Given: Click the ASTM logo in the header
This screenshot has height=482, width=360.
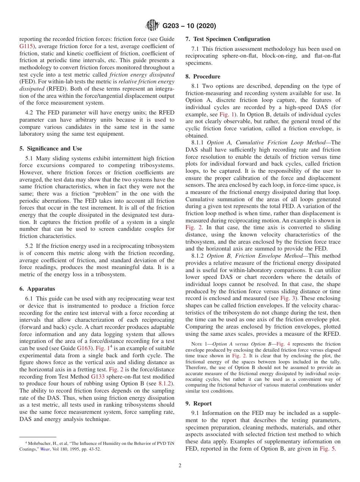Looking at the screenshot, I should point(152,26).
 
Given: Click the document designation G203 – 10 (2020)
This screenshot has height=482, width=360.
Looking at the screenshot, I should point(189,26).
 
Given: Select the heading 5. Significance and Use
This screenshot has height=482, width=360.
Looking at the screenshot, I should point(50,149).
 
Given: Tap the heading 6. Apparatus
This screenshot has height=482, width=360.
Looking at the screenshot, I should point(37,289).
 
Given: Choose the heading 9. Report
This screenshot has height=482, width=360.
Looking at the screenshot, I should point(199,403).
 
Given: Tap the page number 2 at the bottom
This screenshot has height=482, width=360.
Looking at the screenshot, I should point(180,466).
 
